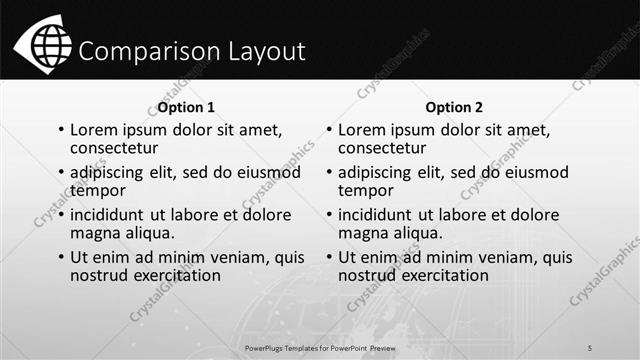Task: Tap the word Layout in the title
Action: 259,51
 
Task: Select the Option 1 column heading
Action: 186,107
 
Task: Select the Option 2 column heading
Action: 453,107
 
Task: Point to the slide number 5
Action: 590,347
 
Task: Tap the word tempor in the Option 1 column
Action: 97,190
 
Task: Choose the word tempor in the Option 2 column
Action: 364,190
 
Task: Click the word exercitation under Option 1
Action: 172,275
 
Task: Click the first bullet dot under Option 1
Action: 61,131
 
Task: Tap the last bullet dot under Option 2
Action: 329,258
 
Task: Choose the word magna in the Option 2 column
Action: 364,233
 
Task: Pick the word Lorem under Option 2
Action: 363,130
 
